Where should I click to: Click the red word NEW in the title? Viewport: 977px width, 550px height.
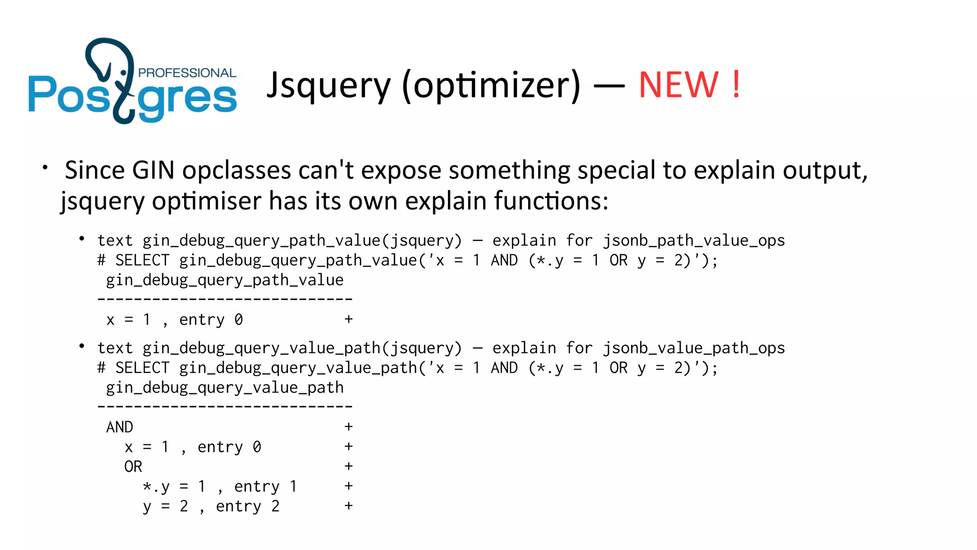click(x=678, y=85)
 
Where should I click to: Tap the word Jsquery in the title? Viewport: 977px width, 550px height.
click(x=328, y=85)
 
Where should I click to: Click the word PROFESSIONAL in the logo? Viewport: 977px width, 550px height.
click(x=187, y=73)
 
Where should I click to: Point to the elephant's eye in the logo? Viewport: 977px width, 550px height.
click(x=124, y=73)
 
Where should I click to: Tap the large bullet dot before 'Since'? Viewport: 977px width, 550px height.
click(x=45, y=168)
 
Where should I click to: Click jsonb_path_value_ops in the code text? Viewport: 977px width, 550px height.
click(x=694, y=241)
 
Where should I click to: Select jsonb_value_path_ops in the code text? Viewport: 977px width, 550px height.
click(x=694, y=348)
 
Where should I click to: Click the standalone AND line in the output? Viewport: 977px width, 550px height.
click(x=119, y=427)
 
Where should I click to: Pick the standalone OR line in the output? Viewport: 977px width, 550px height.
click(x=133, y=466)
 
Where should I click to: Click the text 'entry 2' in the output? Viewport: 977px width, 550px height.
click(x=248, y=506)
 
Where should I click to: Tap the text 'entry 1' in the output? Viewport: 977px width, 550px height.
click(x=266, y=487)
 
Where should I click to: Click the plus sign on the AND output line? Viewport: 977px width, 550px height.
click(x=349, y=427)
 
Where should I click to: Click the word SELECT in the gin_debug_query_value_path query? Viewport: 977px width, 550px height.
click(x=142, y=368)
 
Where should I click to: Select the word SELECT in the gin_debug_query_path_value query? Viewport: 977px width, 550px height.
click(x=142, y=261)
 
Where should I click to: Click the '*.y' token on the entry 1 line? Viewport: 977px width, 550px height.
click(x=156, y=487)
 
